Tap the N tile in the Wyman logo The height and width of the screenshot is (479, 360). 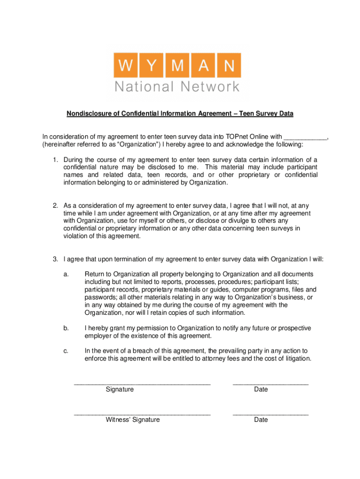click(x=229, y=65)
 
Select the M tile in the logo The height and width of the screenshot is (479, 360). click(x=177, y=65)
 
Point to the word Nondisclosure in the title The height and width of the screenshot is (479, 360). click(x=89, y=114)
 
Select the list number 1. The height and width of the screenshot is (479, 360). click(x=55, y=160)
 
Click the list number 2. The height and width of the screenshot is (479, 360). click(x=55, y=205)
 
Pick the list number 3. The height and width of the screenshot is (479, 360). click(x=55, y=259)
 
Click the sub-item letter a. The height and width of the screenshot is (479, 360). click(x=66, y=274)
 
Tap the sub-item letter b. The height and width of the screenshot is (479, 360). click(x=66, y=328)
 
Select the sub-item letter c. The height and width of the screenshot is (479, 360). click(x=66, y=351)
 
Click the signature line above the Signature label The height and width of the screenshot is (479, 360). click(x=142, y=384)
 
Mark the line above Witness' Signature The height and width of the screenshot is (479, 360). click(x=142, y=414)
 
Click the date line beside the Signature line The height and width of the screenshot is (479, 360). click(x=270, y=384)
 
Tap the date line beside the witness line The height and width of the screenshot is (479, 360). click(x=270, y=414)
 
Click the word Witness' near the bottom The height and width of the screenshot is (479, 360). click(x=118, y=420)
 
